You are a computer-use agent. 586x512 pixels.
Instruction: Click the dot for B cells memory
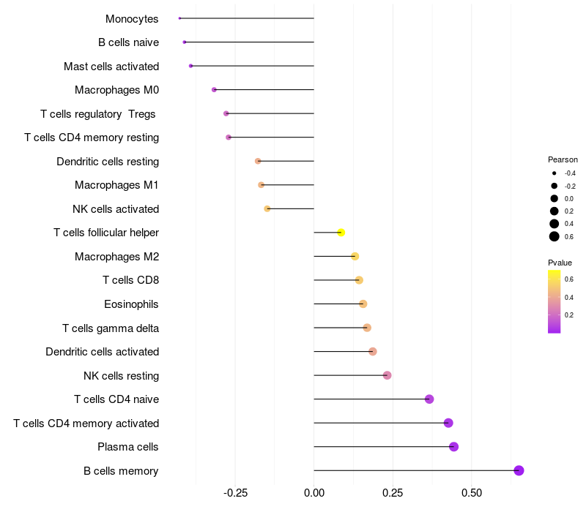click(x=519, y=470)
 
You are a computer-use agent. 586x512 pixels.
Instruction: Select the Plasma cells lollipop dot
click(x=453, y=447)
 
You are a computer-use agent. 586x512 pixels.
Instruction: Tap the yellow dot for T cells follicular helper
click(x=341, y=233)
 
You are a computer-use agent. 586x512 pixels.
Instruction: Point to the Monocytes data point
click(x=179, y=18)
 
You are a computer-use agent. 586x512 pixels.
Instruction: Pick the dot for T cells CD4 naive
click(x=429, y=399)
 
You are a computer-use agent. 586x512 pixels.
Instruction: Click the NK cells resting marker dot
click(x=387, y=375)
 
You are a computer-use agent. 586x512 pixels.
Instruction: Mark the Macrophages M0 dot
click(x=214, y=90)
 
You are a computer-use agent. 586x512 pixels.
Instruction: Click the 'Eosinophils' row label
click(x=132, y=304)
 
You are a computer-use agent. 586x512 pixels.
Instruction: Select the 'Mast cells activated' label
click(x=111, y=67)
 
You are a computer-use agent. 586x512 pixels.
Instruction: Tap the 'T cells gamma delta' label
click(x=111, y=328)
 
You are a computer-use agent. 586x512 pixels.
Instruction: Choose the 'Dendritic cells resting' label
click(x=108, y=162)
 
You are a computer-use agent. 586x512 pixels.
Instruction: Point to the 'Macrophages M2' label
click(x=116, y=257)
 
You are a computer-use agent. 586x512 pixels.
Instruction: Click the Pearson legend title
click(x=563, y=159)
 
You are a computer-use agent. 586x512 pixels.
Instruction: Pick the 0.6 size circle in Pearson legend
click(x=555, y=236)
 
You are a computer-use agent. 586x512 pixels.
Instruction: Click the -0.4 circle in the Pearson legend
click(x=555, y=173)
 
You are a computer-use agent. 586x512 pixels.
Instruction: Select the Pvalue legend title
click(x=560, y=263)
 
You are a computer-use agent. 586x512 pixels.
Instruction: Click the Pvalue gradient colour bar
click(x=555, y=301)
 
